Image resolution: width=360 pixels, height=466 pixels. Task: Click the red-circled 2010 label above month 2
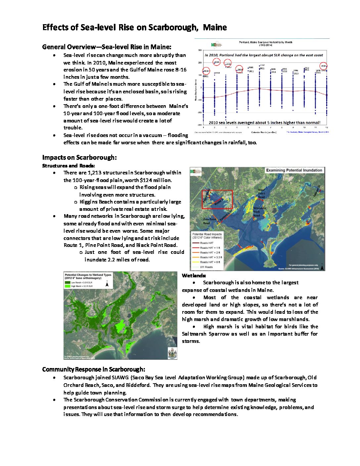(x=217, y=62)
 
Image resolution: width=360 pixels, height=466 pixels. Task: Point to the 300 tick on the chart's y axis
(x=200, y=50)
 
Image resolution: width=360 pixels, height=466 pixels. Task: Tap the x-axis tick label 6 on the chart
(x=259, y=127)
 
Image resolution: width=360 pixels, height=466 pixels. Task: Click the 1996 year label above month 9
(x=295, y=70)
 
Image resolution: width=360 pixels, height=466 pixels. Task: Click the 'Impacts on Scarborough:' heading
(x=79, y=158)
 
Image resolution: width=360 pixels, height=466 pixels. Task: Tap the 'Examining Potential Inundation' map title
(x=294, y=170)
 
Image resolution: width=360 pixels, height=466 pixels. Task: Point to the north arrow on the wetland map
(x=107, y=284)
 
